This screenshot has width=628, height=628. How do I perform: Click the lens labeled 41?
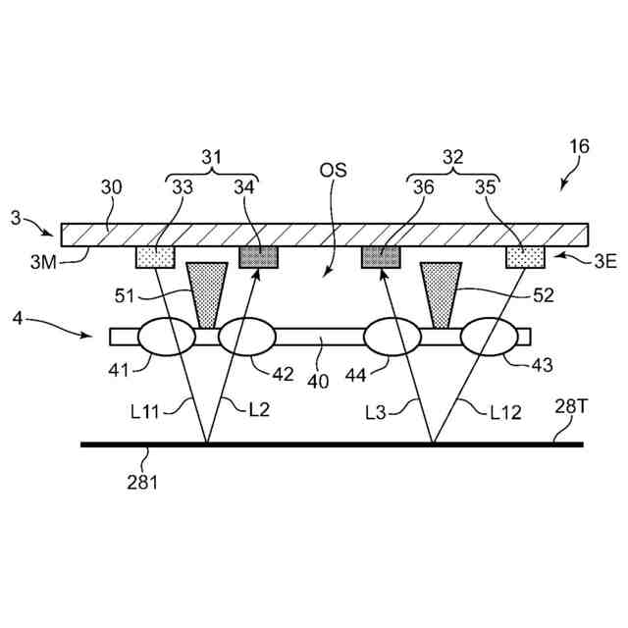coord(166,337)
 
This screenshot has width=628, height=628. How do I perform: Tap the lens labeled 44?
coord(393,337)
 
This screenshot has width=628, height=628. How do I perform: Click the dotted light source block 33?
coord(155,257)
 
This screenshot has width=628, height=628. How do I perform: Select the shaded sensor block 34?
coord(259,257)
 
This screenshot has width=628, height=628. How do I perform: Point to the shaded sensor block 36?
coord(383,257)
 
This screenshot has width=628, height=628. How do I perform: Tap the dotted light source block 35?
coord(525,257)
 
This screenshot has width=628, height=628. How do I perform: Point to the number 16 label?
coord(579,146)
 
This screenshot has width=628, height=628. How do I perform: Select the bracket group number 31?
coord(212,155)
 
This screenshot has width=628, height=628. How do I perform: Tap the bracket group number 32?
coord(453,155)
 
